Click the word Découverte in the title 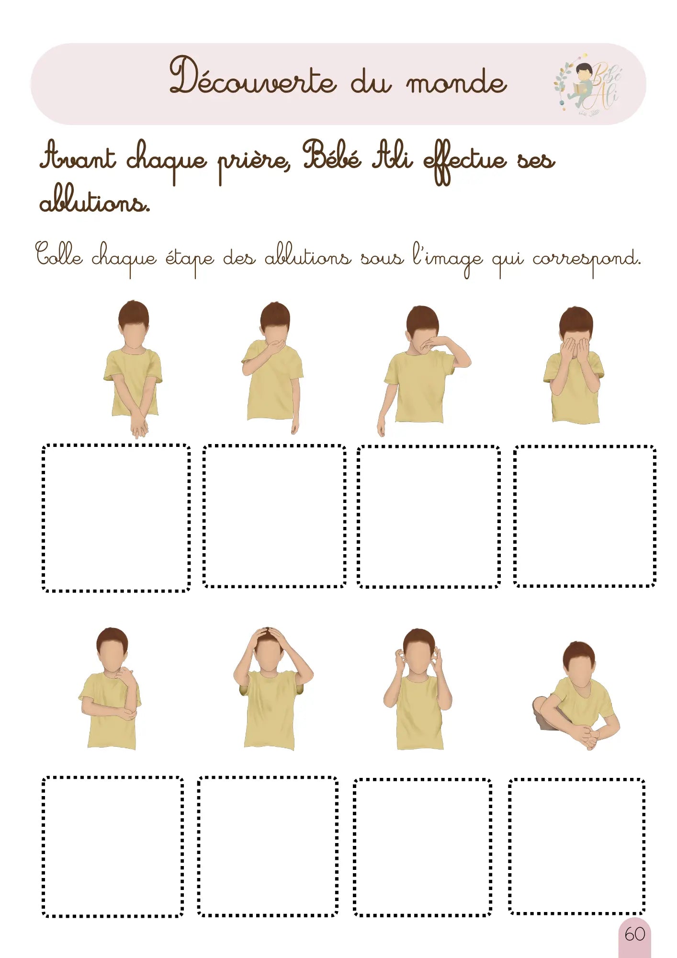(x=253, y=77)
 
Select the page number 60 (x=634, y=934)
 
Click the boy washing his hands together (x=134, y=369)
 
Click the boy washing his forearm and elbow (x=110, y=690)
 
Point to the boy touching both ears (x=418, y=690)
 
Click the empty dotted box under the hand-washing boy (x=116, y=518)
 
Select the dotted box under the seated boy (x=576, y=847)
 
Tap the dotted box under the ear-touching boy (x=422, y=847)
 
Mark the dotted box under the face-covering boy (x=584, y=516)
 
